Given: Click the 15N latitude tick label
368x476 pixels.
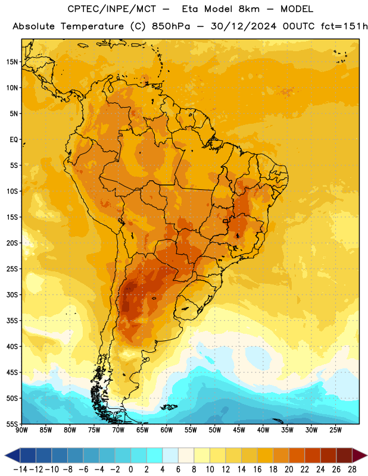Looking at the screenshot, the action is (x=12, y=62).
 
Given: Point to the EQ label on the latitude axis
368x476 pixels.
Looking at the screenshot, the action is (x=14, y=140).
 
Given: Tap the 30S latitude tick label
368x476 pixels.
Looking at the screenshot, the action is (x=12, y=295).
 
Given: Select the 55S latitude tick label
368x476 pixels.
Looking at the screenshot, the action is (x=12, y=424).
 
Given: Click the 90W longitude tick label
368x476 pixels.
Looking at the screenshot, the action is (x=21, y=430).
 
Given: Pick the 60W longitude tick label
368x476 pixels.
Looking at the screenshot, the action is (x=167, y=430).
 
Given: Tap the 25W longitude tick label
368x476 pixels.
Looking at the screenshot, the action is (x=335, y=430).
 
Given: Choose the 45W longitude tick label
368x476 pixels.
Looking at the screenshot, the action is (x=239, y=430).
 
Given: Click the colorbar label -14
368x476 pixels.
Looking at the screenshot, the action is (x=20, y=469).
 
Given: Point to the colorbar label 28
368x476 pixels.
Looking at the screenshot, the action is (x=352, y=469).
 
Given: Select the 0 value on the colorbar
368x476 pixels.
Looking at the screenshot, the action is (x=130, y=469).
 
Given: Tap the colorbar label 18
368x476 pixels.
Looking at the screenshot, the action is (x=273, y=469).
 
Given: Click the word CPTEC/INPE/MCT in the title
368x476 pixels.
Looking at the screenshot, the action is (x=112, y=10).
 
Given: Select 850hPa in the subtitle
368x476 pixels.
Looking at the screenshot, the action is (x=171, y=26).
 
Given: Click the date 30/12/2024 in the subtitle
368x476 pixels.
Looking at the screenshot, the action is (x=244, y=26).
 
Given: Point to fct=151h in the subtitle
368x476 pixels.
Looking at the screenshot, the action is (x=344, y=26).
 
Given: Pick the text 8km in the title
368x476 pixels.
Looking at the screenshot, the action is (x=249, y=9).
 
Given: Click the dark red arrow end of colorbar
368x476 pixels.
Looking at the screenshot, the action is (x=360, y=455).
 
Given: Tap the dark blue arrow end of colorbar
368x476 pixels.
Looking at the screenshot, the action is (x=13, y=455).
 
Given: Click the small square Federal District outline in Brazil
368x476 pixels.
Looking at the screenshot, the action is (x=225, y=221).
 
